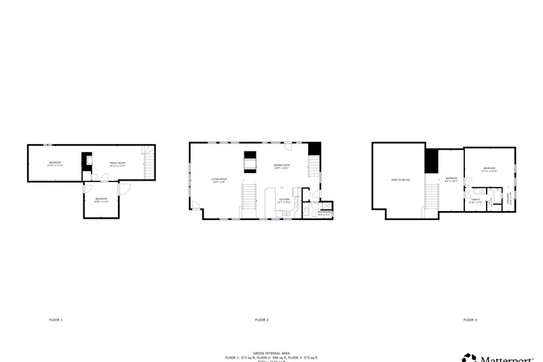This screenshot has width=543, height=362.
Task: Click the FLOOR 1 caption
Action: point(56,319)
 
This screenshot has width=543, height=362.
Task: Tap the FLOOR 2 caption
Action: point(261,319)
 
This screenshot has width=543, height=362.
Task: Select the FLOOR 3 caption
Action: point(470,319)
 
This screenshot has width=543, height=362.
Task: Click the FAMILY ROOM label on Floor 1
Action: point(118,163)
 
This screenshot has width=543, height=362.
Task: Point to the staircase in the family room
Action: point(150,164)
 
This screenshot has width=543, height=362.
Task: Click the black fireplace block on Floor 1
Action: point(86,161)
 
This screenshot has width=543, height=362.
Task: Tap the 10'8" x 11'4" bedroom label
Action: point(101,200)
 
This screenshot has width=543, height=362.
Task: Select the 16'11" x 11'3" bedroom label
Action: point(55,164)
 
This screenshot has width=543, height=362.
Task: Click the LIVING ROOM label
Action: point(219,180)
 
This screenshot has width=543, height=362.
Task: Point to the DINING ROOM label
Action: point(282,166)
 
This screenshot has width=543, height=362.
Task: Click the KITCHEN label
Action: point(284,200)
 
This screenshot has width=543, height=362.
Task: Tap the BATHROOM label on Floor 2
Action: point(324,213)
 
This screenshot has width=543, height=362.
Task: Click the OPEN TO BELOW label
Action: point(400,180)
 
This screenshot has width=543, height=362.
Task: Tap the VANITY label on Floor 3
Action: point(475,200)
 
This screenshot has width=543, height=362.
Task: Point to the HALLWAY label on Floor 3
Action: point(510,198)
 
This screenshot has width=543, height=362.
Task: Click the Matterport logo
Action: point(502,357)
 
